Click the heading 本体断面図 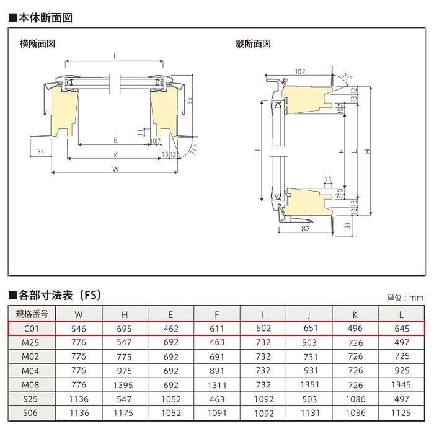click(41, 18)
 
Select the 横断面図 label click(37, 43)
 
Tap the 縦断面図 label click(253, 43)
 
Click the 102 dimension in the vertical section click(300, 72)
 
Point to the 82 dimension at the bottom click(306, 229)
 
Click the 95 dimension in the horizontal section click(189, 100)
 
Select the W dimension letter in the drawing click(116, 169)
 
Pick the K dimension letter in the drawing click(116, 155)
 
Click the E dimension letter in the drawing click(115, 140)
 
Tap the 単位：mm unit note click(405, 298)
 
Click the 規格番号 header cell click(32, 314)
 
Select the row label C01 click(31, 329)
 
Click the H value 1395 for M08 click(123, 385)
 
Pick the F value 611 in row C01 click(217, 329)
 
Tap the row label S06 click(30, 413)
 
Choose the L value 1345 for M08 click(401, 384)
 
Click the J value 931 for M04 click(311, 370)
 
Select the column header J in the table click(309, 314)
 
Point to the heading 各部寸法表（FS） click(55, 295)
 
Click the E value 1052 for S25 click(171, 399)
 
